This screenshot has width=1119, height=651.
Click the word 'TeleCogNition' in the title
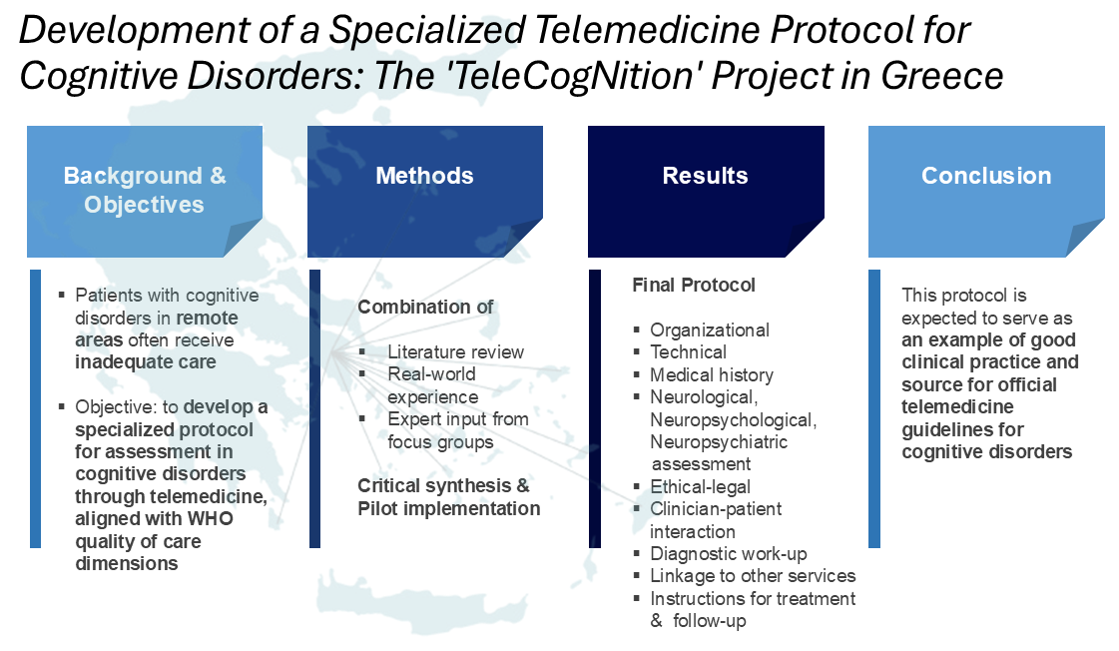[x=572, y=76]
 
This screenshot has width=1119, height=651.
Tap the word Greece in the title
[x=942, y=76]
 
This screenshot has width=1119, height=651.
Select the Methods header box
[x=424, y=192]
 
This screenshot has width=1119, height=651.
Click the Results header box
[x=706, y=192]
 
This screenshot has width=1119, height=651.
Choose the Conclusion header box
[x=986, y=192]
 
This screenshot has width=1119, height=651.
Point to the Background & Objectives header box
[x=145, y=192]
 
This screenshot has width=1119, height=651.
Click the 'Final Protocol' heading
[x=694, y=285]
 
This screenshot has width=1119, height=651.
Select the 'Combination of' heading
[x=425, y=307]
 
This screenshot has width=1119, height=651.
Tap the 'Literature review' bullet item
[x=455, y=351]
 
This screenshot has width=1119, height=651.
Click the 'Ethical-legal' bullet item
[x=700, y=487]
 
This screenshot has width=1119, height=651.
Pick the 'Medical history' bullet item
[x=712, y=374]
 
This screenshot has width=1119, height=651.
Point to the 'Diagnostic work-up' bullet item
[x=728, y=554]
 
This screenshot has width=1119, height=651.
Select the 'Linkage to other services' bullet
[x=753, y=576]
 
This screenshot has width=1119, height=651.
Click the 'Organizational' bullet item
[x=710, y=329]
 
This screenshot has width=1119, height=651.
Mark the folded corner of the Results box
[x=805, y=238]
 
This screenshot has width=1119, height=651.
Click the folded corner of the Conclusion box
[x=1085, y=238]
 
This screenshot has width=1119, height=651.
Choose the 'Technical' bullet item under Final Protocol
[x=688, y=351]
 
